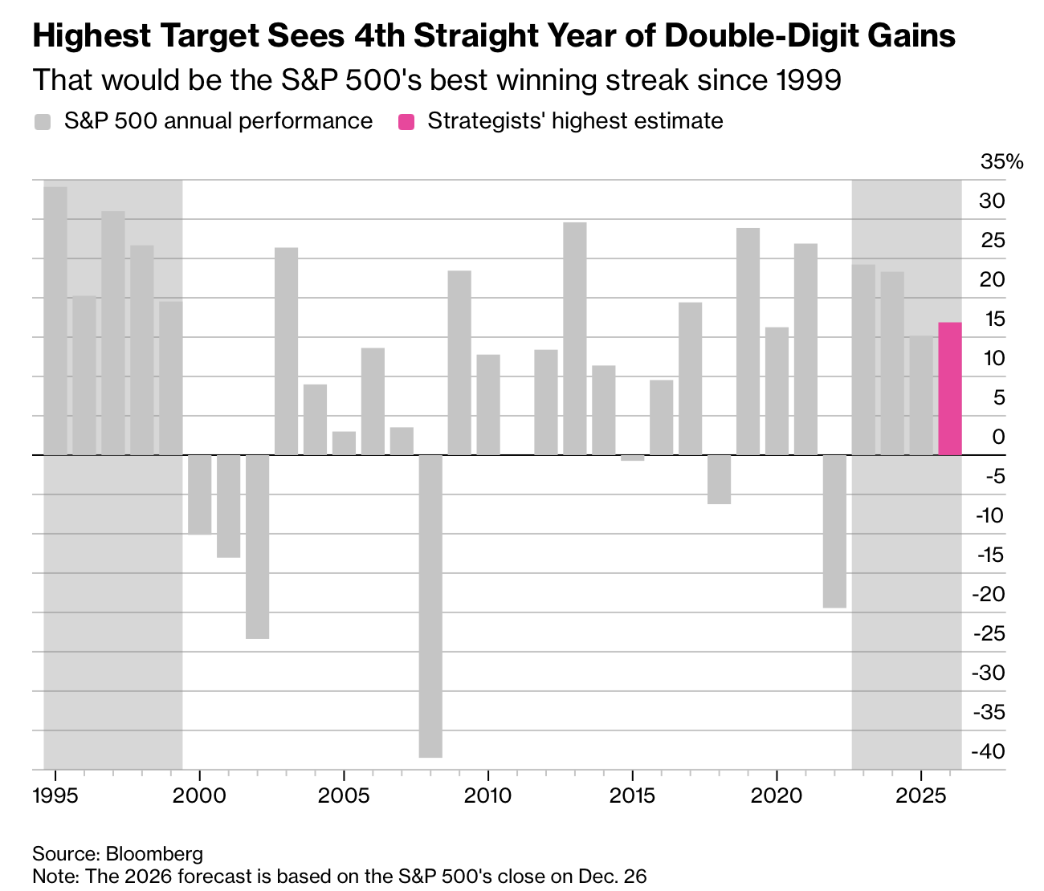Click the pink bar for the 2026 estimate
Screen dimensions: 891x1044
point(950,389)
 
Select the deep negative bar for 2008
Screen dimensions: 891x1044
point(430,606)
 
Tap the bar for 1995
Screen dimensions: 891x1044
point(55,321)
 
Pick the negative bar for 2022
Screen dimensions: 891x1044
point(834,531)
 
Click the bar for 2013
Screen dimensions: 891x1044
point(575,339)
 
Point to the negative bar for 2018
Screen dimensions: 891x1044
point(719,479)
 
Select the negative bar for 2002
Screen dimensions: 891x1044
point(257,547)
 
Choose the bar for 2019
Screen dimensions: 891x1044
point(748,341)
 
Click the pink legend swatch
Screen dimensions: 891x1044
point(406,122)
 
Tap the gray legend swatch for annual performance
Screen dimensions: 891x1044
point(43,122)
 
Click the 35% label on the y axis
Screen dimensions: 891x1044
point(1001,162)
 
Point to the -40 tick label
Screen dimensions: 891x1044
point(989,751)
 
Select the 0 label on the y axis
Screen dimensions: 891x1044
point(998,437)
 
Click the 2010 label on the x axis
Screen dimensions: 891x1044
point(487,795)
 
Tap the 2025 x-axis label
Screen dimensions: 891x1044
point(921,795)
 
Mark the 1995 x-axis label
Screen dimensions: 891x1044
point(55,795)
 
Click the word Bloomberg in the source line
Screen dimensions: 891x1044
point(154,853)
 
